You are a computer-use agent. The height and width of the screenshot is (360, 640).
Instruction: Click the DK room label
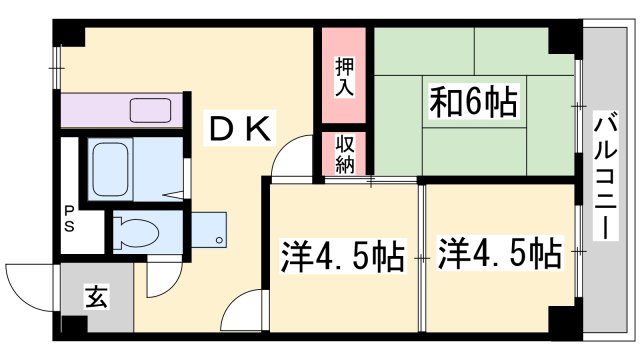pos(241,127)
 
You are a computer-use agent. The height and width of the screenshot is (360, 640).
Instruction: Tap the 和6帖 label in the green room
pos(473,102)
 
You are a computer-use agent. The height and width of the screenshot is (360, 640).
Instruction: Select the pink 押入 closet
pos(344,77)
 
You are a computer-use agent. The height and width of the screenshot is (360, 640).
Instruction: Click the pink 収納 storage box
pos(344,153)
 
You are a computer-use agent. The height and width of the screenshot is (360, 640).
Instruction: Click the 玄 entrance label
pos(96,299)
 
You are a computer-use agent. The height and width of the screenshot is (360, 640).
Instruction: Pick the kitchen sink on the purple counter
pos(150,109)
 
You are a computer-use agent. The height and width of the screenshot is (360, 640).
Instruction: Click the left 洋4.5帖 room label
pos(341,255)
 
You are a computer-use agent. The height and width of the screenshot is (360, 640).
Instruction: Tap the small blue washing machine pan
pos(211,230)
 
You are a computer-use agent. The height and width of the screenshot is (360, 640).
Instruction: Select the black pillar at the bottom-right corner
pos(562,322)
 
